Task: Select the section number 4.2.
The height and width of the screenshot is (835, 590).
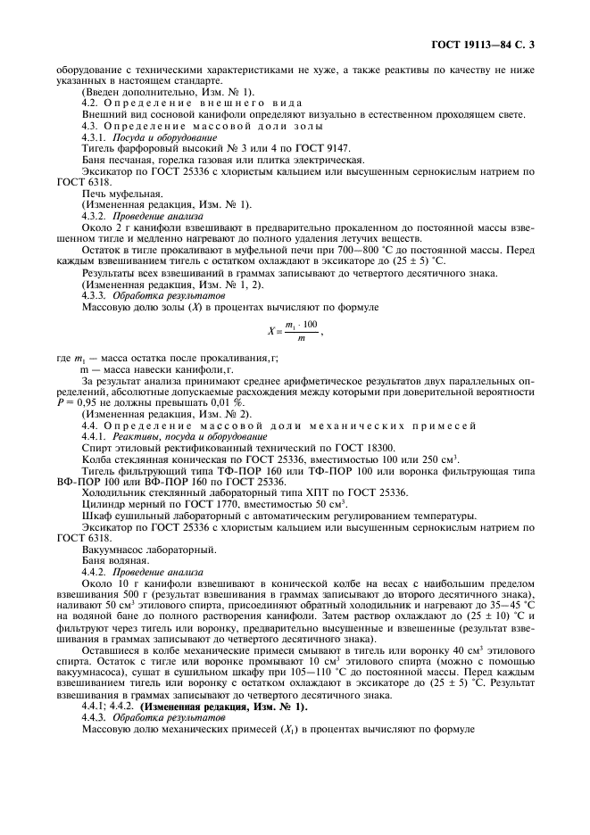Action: coord(92,102)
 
